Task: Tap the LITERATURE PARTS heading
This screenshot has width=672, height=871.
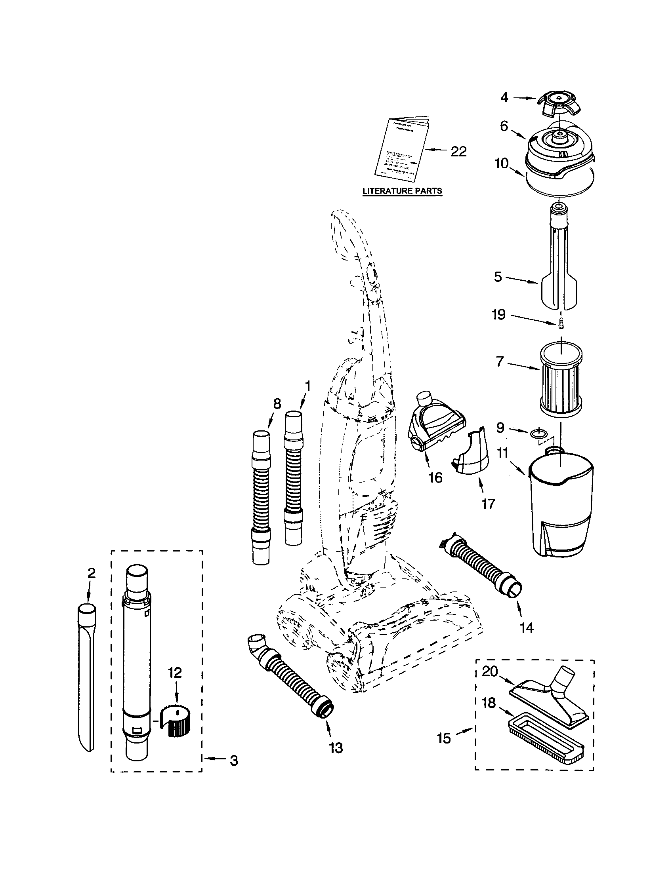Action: (x=402, y=191)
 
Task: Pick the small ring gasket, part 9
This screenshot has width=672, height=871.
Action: (x=539, y=432)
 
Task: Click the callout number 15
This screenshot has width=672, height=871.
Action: (x=444, y=738)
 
